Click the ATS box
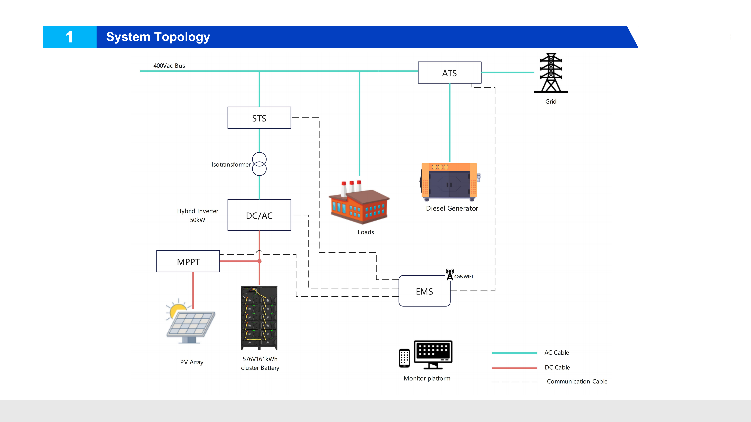pos(449,73)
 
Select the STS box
pos(259,118)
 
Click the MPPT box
pos(188,262)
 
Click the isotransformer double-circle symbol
pos(259,164)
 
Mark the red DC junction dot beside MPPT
pos(259,261)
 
